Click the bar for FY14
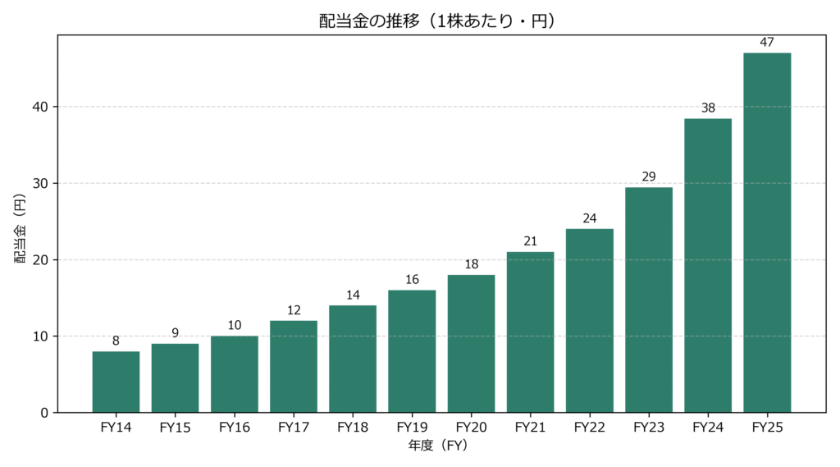[116, 382]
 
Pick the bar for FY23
[649, 300]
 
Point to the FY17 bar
[294, 366]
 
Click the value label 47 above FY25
[767, 42]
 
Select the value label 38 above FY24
[708, 108]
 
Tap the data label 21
[530, 240]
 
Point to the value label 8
[116, 341]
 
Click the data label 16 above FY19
[412, 279]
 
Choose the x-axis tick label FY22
[589, 428]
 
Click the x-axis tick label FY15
[175, 428]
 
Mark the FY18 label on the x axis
[353, 428]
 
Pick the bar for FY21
[530, 332]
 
